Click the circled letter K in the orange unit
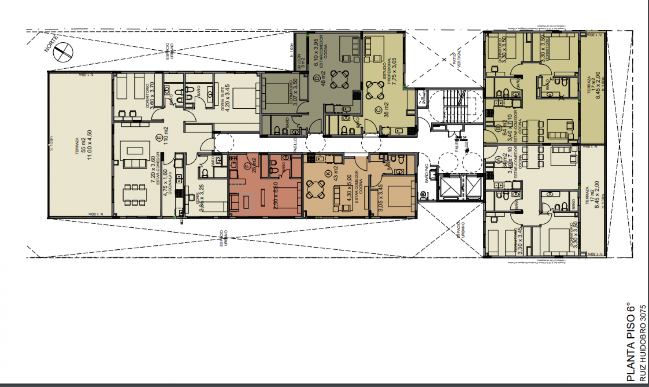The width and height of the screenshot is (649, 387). [x=327, y=173]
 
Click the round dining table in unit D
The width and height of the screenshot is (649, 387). [x=339, y=79]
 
